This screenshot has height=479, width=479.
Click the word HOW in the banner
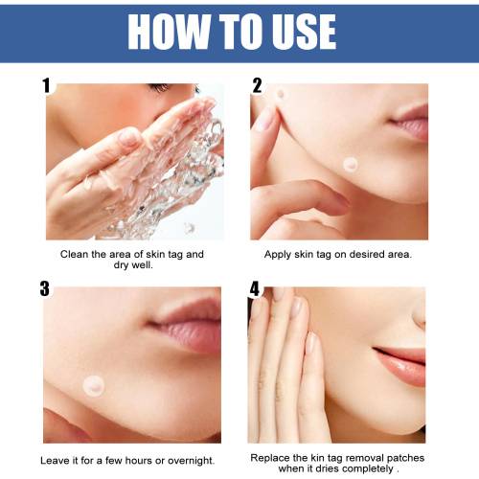pos(169,32)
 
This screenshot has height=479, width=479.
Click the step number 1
pos(47,85)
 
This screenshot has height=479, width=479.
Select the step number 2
pos(257,85)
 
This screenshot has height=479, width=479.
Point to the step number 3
pos(45,288)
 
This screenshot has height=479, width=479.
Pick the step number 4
pos(255,288)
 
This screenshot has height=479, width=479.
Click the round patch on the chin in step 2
pos(351,165)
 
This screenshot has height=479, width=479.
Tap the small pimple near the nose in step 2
pos(281,94)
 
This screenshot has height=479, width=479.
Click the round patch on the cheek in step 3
pos(94,386)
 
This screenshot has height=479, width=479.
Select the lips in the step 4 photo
pos(400,364)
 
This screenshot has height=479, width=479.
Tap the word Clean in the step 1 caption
pos(74,254)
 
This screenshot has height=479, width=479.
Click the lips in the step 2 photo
pos(410,123)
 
